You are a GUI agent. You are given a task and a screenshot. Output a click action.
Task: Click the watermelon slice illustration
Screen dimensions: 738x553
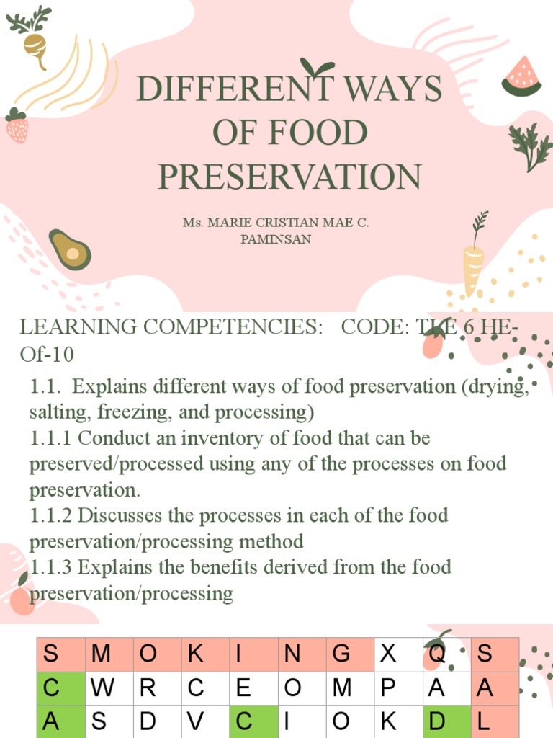click(522, 77)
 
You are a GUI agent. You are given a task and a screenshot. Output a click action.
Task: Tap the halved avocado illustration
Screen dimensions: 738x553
click(70, 250)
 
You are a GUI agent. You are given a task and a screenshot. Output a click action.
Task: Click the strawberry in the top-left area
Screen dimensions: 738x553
click(17, 127)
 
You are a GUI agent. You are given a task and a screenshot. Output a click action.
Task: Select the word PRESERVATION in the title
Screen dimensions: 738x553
click(289, 177)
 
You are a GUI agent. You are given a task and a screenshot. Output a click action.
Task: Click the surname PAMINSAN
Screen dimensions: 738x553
click(276, 239)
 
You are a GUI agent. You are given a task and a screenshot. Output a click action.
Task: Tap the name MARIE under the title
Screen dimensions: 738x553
click(230, 223)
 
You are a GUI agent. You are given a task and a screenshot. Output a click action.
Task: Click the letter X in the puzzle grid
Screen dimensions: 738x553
click(388, 654)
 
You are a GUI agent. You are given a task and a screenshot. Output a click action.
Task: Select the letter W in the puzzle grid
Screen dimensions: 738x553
click(103, 688)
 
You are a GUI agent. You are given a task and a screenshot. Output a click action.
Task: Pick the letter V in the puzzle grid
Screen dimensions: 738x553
click(195, 723)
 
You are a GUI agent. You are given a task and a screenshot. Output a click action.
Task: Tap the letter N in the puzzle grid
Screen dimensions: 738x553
click(292, 654)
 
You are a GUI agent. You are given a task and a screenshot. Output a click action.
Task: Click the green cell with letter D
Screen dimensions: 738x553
click(436, 723)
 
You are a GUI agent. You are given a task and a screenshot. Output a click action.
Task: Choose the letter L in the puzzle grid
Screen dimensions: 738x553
click(485, 723)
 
